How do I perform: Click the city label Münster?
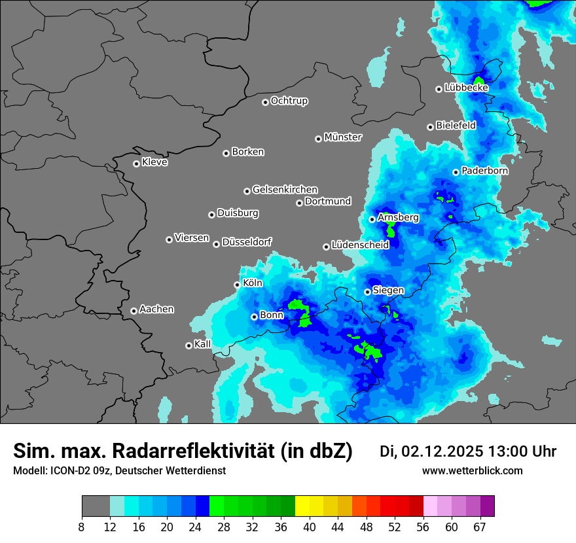coord(343,137)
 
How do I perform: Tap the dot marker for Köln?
coord(237,285)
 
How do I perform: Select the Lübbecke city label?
coord(466,88)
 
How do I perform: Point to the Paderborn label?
coord(485,171)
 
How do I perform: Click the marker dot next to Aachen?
coord(134,311)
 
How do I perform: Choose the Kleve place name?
coord(155,162)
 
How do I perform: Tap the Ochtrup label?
coord(289,101)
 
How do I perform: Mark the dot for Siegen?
coord(367,292)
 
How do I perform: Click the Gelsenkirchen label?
coord(285,190)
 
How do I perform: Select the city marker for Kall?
coord(189,345)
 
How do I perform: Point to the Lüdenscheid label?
coord(360,245)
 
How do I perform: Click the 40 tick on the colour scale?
coord(310,526)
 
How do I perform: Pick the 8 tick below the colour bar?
coord(82,526)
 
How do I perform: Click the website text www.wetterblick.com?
coord(472,471)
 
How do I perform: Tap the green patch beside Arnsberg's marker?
coord(391,229)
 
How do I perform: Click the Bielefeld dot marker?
coord(430,127)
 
